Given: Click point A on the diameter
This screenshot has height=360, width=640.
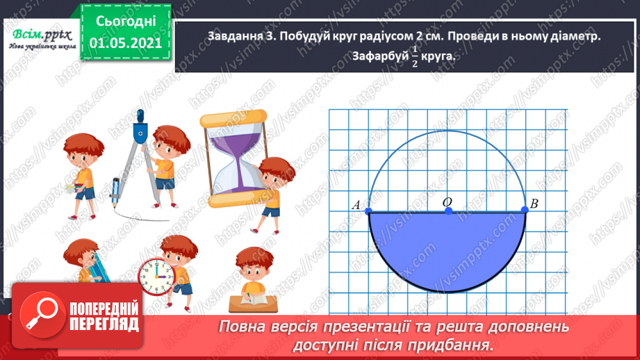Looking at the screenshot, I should [x=368, y=211].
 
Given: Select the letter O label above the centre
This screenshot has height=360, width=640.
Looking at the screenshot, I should [x=447, y=201].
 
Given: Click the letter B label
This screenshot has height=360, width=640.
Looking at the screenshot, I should [x=534, y=204].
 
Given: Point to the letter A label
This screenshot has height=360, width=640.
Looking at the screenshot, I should [x=356, y=205].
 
